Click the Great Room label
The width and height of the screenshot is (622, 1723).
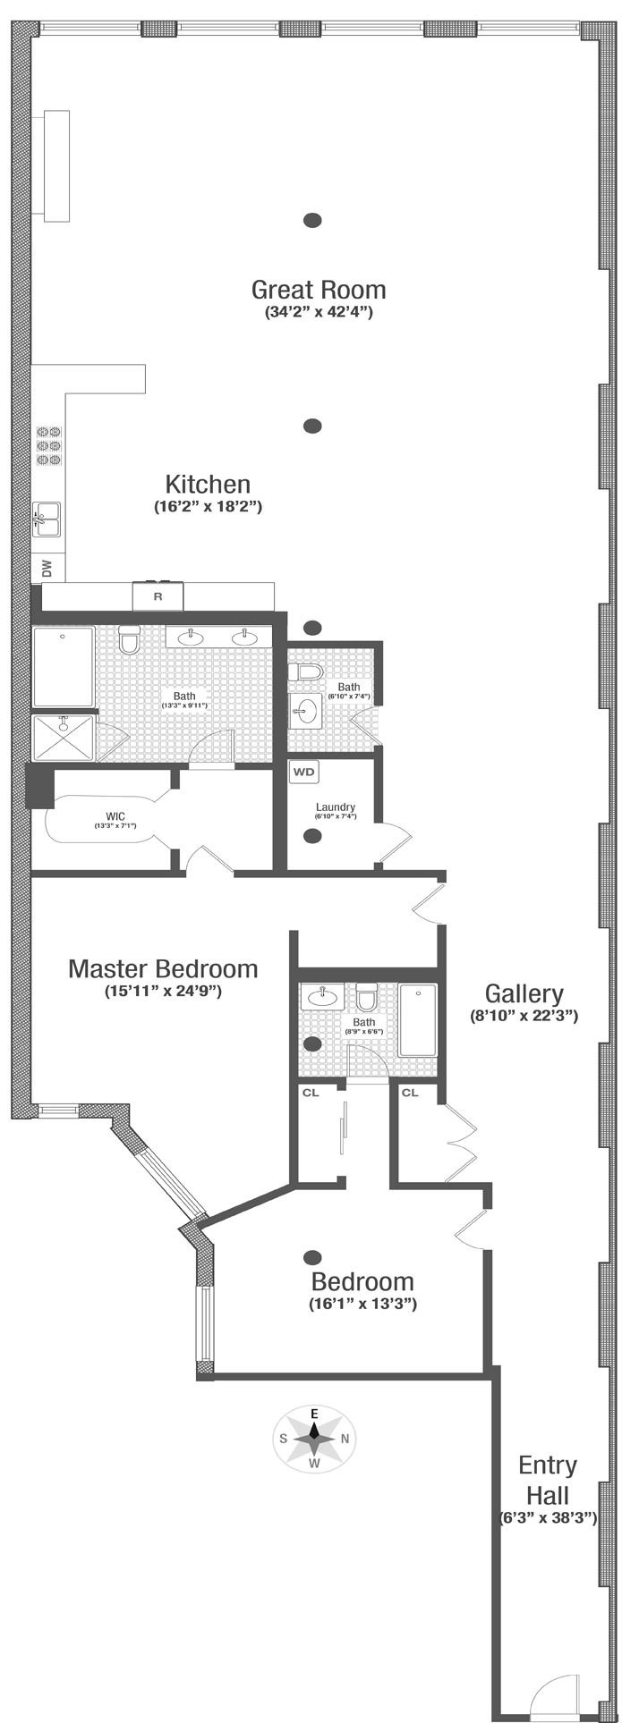coord(319,290)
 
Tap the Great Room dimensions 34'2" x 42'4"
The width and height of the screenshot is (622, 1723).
coord(319,313)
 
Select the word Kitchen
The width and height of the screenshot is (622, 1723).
coord(208,485)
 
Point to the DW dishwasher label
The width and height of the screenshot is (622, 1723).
coord(47,567)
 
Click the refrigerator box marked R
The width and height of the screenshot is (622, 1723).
coord(158,595)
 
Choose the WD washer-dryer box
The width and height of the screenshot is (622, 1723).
coord(304,771)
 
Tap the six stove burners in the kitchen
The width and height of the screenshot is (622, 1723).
coord(48,445)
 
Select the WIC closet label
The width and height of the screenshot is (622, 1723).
coord(115,815)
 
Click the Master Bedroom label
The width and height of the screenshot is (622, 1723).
coord(163,968)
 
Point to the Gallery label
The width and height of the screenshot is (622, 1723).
coord(524,993)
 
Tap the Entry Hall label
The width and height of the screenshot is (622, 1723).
coord(548,1480)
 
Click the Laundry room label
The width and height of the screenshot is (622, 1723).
coord(335,807)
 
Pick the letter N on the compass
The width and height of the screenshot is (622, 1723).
coord(345,1439)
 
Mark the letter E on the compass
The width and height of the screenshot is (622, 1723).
coord(314,1414)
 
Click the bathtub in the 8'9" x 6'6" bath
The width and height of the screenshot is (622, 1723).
coord(417,1020)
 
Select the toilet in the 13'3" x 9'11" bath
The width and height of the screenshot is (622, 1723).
coord(129,641)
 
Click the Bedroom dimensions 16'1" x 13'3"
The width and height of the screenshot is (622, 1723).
coord(362,1304)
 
